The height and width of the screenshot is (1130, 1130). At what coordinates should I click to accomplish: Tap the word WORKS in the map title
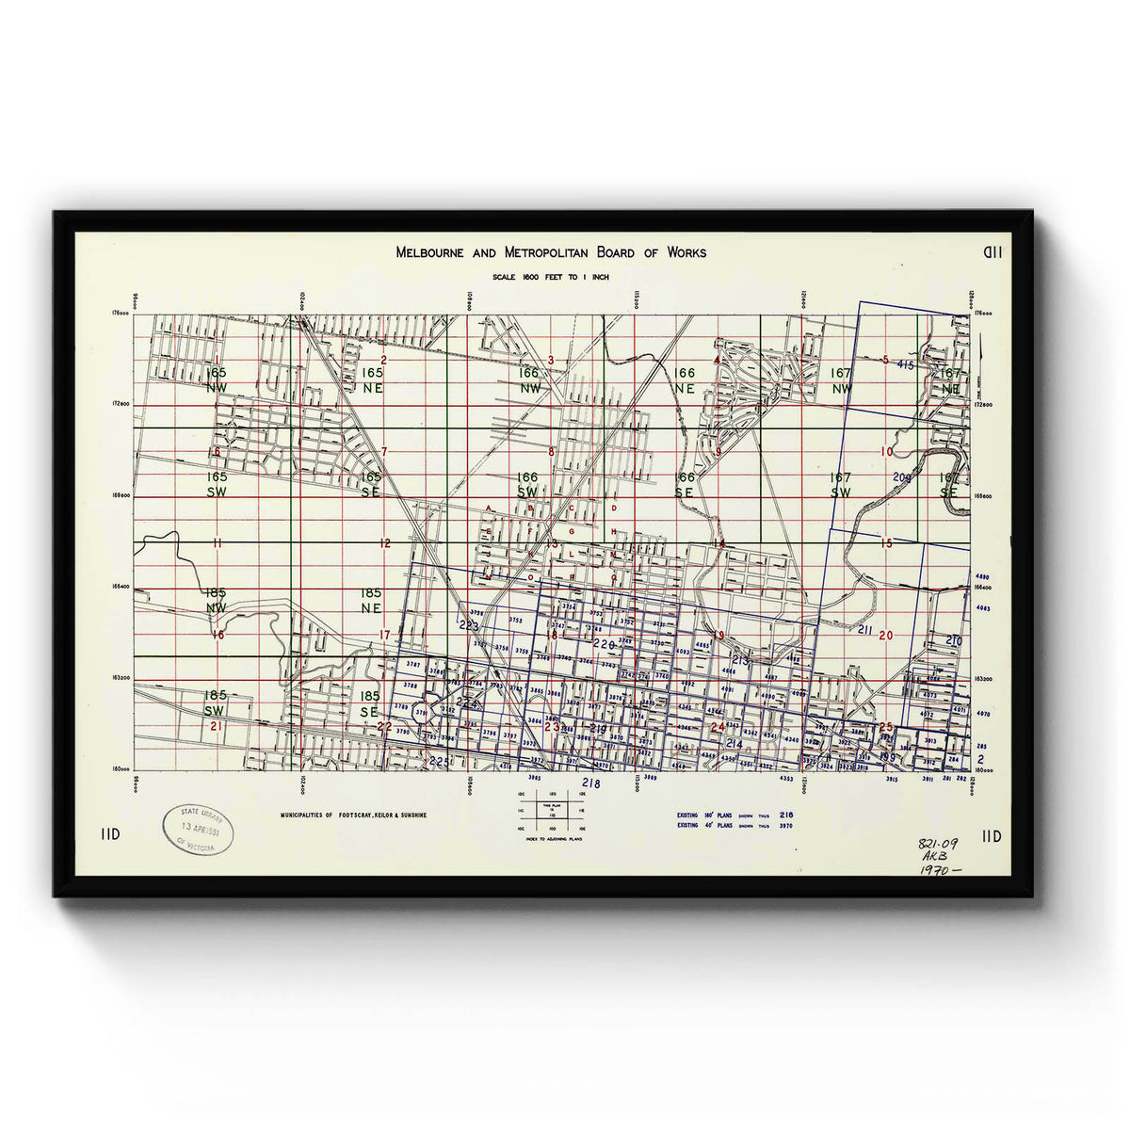click(686, 252)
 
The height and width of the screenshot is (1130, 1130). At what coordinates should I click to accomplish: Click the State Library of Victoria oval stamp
click(197, 830)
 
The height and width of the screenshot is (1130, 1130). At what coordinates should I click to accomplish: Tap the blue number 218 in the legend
click(787, 815)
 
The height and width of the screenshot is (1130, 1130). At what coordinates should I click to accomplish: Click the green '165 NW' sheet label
click(216, 379)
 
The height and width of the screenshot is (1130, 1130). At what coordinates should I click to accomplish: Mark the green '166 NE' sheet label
click(685, 379)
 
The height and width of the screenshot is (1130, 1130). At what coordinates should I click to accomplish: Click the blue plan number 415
click(906, 363)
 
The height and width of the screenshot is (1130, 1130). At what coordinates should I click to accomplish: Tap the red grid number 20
click(885, 635)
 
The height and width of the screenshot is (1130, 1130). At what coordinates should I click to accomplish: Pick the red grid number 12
click(384, 543)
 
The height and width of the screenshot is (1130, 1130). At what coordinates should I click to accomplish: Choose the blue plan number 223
click(468, 626)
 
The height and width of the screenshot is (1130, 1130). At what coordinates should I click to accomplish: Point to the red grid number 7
click(384, 452)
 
